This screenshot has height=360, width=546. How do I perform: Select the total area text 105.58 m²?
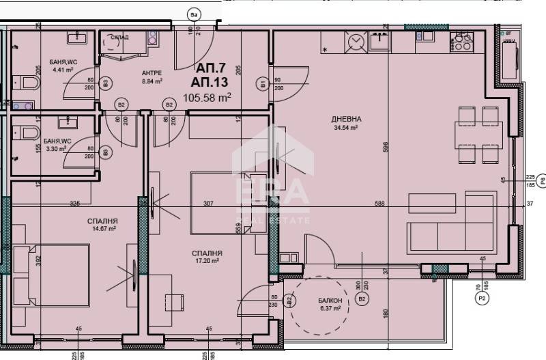point(207,98)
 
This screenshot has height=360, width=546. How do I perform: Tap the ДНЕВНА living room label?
point(348,119)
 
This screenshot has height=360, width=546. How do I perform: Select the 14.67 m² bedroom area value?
point(104,230)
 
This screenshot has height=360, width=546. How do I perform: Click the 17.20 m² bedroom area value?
point(207,261)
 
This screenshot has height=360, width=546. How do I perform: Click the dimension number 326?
point(75,202)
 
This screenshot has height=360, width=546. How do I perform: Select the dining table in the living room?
point(479,136)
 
